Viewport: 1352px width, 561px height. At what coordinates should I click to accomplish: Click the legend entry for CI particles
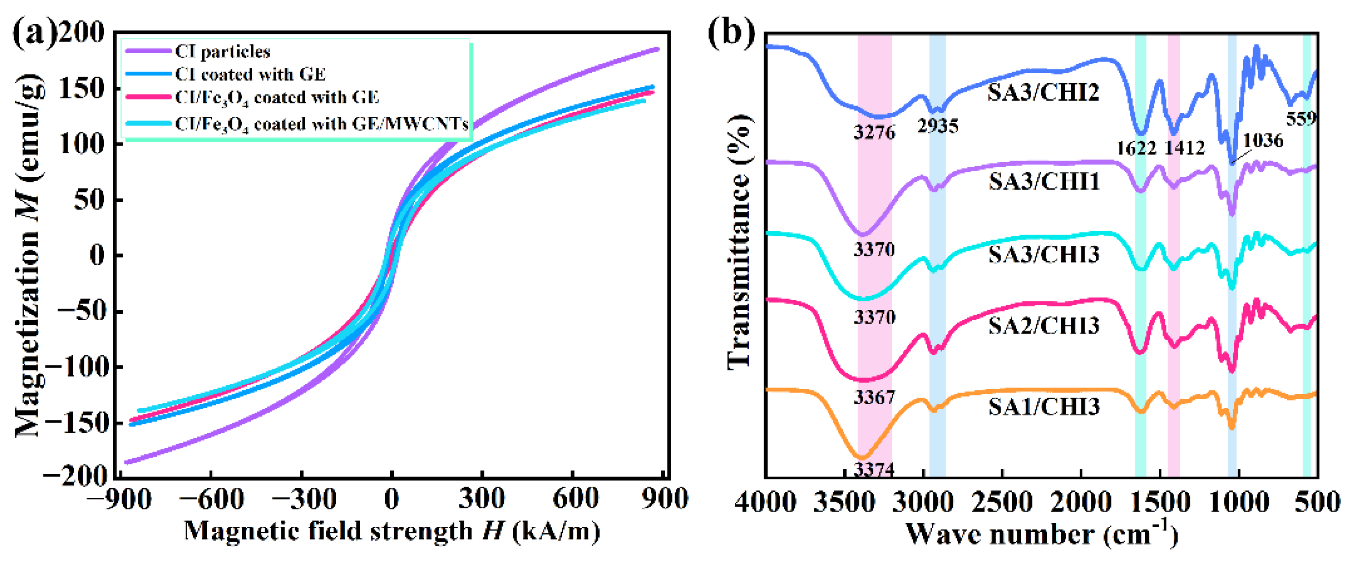(x=222, y=51)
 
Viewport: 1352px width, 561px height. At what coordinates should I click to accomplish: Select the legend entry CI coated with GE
(x=250, y=75)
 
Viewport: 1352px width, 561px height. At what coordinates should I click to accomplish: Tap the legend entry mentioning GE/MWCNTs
(x=321, y=125)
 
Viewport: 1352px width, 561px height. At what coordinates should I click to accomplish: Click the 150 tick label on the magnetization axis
(x=81, y=88)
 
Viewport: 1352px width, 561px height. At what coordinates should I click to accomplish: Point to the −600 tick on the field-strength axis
(x=211, y=499)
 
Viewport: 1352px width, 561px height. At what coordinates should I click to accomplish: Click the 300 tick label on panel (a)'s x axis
(x=482, y=499)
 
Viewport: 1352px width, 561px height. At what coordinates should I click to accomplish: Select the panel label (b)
(x=731, y=32)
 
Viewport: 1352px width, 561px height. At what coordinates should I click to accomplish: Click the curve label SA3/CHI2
(x=1043, y=93)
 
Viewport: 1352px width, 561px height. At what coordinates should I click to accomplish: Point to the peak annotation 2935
(x=938, y=126)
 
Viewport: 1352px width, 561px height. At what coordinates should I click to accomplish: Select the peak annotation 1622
(x=1136, y=148)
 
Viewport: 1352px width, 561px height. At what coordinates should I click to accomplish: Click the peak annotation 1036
(x=1263, y=141)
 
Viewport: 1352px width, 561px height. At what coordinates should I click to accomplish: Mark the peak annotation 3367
(x=874, y=397)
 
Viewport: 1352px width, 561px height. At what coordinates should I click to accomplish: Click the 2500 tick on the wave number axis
(x=1002, y=503)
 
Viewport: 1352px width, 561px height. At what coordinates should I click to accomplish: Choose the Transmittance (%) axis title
(x=739, y=241)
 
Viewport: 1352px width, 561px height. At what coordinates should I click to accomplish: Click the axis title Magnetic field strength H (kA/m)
(x=391, y=531)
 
